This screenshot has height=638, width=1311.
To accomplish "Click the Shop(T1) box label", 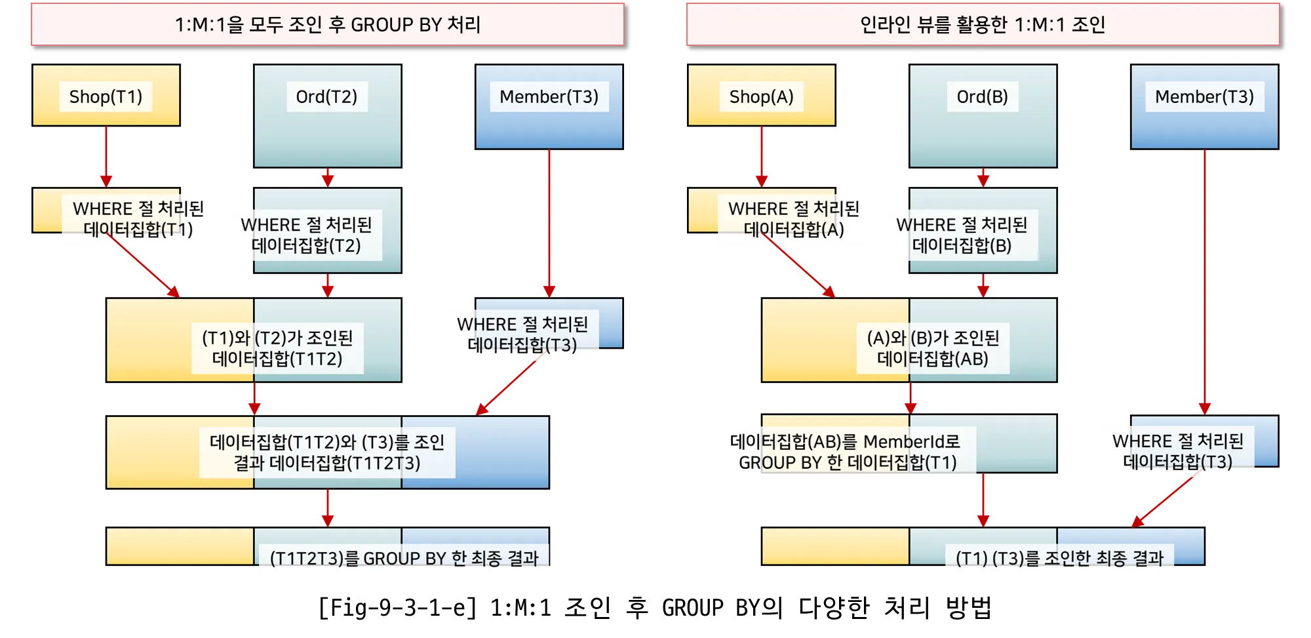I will (x=106, y=97).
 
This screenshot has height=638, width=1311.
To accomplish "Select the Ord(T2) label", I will (x=326, y=97).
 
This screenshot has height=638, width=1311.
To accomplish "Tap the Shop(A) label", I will (x=761, y=97).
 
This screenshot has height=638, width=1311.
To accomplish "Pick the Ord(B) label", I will (x=982, y=97).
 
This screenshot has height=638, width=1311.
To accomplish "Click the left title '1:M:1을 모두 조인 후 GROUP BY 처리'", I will (x=328, y=25).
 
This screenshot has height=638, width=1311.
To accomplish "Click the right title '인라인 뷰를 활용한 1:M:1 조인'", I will (x=983, y=25).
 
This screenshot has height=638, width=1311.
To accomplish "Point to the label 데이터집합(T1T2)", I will (x=277, y=348).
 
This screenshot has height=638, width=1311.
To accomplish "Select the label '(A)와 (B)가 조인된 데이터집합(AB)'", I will (x=933, y=348).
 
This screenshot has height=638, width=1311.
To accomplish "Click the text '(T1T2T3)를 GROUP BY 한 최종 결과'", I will (x=404, y=559).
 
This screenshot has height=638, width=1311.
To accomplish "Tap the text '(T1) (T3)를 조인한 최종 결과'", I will (x=1059, y=559).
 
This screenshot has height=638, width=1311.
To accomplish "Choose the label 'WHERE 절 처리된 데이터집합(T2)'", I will (x=306, y=235).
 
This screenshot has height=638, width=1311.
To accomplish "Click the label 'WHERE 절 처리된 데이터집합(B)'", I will (x=962, y=235).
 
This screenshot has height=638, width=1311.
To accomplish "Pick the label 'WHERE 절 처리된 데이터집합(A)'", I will (x=793, y=219).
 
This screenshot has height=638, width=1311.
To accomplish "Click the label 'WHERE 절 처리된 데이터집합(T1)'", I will (x=138, y=219).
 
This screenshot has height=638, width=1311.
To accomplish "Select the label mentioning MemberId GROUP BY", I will (x=847, y=452).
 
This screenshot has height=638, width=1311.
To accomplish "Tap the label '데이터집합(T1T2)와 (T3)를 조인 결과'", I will (x=327, y=452).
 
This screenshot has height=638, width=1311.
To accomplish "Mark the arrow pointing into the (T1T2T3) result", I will (x=328, y=508).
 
